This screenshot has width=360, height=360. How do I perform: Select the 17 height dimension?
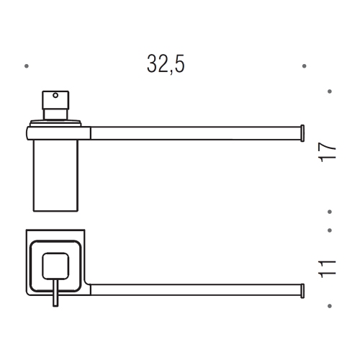[330, 152]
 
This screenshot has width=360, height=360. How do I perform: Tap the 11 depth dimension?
[330, 269]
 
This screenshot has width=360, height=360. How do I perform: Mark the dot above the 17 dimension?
[330, 91]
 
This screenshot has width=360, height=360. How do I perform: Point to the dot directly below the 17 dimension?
[330, 212]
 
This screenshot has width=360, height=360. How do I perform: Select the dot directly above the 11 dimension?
[330, 231]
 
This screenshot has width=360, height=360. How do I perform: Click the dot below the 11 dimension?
[330, 306]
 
